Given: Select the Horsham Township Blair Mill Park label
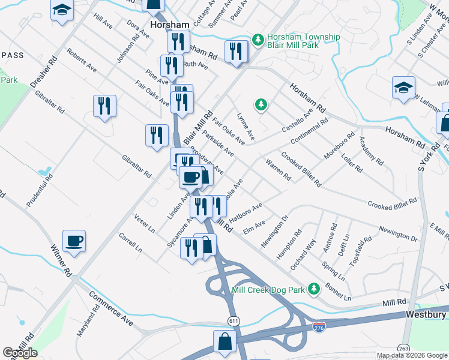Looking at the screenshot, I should coord(304,41).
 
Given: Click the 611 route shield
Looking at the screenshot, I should coord(233,322).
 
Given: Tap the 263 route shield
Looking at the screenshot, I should coord(404,348).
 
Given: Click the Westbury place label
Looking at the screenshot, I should coord(426,314).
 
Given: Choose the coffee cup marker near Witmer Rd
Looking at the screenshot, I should coord(74,241).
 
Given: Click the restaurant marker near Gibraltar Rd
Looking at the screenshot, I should coord(105,107).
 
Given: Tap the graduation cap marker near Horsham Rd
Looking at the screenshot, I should coord(403,88).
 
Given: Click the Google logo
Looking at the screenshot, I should coord(20,353).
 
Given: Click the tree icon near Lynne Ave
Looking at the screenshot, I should coord(261,106).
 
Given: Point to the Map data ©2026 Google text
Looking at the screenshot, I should coord(411,355).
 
